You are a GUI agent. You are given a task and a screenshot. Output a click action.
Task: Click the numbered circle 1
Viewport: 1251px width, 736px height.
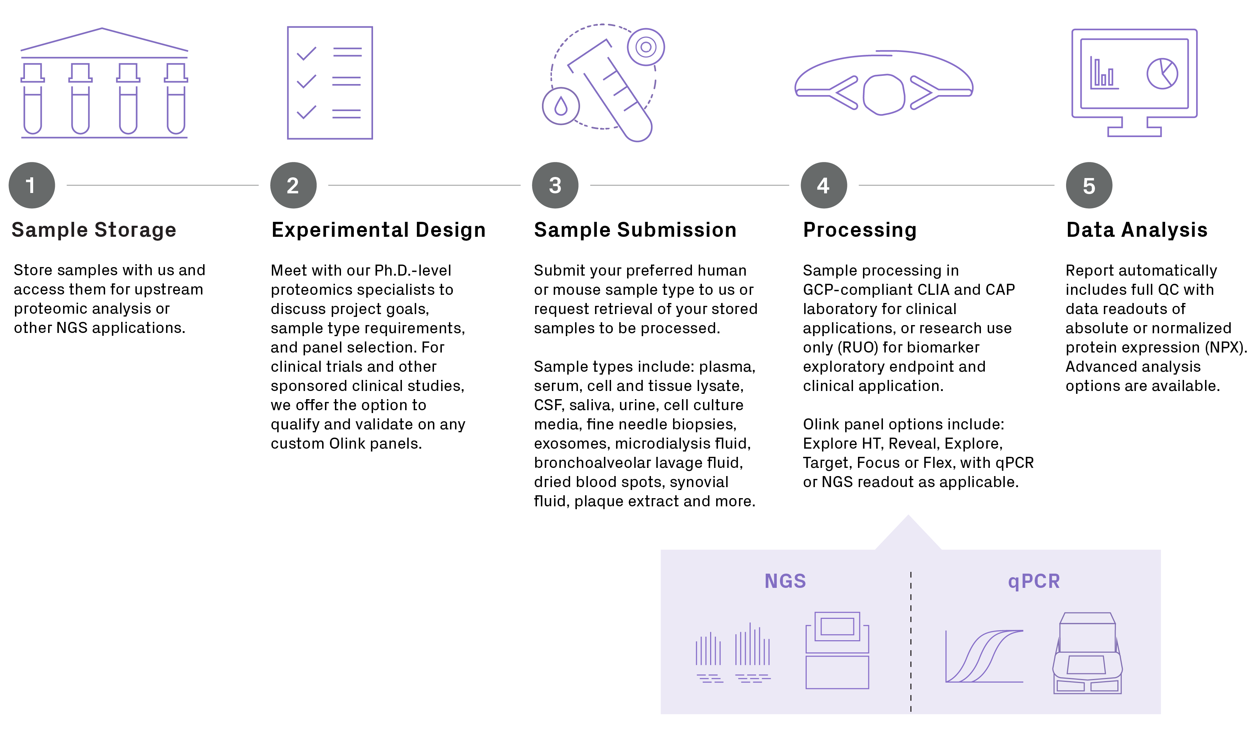coord(32,186)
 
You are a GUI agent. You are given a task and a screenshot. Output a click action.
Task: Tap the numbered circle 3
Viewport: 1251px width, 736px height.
coord(555,186)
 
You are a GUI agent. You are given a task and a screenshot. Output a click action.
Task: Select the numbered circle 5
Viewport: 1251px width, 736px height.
coord(1089,186)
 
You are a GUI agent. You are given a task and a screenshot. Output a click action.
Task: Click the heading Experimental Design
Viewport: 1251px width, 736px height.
coord(378,230)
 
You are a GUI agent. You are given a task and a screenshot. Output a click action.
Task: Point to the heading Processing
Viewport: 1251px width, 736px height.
coord(860,230)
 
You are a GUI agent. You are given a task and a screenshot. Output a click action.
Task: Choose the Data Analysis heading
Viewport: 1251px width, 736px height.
coord(1137,230)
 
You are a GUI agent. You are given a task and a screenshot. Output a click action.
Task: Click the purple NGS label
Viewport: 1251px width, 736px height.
coord(785,581)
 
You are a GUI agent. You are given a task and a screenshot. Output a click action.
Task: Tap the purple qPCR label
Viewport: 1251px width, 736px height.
coord(1034,581)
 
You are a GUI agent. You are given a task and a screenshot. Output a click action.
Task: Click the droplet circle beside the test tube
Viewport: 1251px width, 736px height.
coord(561,106)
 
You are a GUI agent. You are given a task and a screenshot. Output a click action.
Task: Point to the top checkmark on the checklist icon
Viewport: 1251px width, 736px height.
coord(306,53)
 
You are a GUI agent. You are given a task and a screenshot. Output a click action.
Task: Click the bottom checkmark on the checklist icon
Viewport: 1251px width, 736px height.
coord(306,112)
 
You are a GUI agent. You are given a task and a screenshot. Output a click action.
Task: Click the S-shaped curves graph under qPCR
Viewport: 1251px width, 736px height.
coord(984,656)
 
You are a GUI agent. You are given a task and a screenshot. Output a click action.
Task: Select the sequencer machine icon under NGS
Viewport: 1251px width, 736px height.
coord(837,650)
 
